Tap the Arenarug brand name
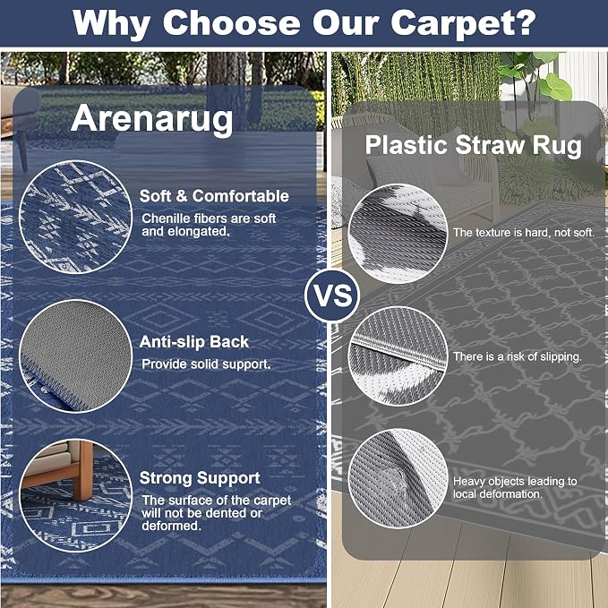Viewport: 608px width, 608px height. click(151, 119)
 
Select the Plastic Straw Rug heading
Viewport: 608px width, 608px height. click(473, 146)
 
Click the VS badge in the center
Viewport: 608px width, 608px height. click(332, 295)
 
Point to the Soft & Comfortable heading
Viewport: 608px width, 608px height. click(214, 196)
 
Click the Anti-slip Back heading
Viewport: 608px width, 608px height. click(194, 342)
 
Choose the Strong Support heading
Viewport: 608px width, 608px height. click(200, 478)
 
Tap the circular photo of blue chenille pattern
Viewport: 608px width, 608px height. click(75, 217)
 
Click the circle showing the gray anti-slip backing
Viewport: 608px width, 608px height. click(75, 356)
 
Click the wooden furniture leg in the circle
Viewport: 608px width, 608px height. click(83, 470)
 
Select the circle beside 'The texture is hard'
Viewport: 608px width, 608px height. click(398, 234)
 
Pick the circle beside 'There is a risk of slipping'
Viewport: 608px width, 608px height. click(398, 356)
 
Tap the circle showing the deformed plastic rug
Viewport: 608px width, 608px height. click(398, 478)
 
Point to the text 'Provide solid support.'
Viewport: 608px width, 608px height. click(206, 364)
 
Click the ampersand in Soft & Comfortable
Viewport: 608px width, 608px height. click(181, 196)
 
